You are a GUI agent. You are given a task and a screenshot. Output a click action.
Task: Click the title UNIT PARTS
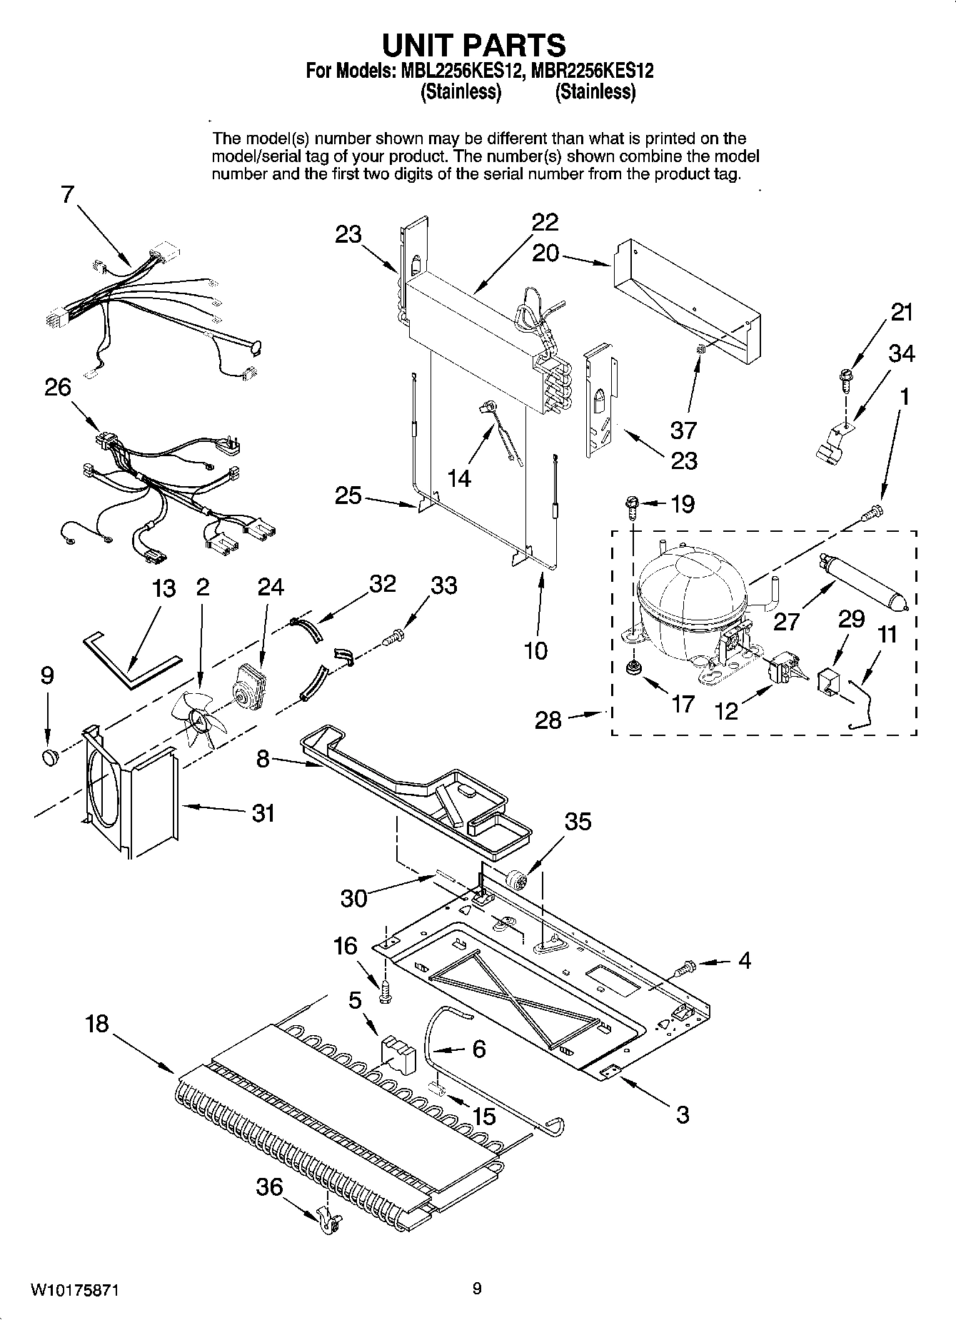click(x=475, y=45)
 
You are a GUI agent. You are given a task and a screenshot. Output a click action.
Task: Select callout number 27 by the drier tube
click(x=786, y=620)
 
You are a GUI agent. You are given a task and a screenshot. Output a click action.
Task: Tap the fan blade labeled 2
click(x=201, y=720)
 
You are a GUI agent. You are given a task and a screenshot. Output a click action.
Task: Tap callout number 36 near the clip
click(x=270, y=1187)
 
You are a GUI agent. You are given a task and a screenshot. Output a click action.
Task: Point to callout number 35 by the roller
click(x=578, y=821)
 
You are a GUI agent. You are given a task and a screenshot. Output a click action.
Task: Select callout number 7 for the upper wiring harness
click(x=67, y=194)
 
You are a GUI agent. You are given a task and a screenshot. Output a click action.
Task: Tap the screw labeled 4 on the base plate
click(x=683, y=969)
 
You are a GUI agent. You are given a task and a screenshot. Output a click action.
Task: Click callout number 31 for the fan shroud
click(x=263, y=812)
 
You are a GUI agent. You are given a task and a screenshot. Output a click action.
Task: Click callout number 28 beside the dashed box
click(x=548, y=720)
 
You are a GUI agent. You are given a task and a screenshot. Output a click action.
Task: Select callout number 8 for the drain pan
click(x=263, y=758)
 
